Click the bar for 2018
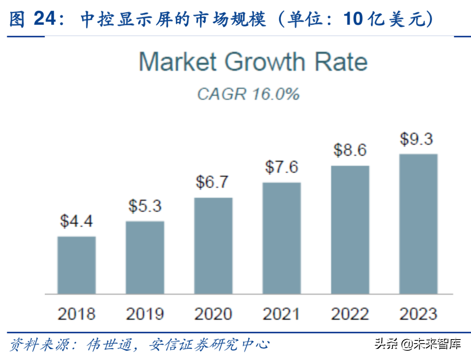click(77, 265)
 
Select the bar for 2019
click(145, 257)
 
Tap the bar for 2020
click(213, 245)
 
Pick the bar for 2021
click(282, 238)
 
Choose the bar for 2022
click(350, 230)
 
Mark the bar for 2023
click(418, 224)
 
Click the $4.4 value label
click(77, 220)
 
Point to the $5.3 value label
click(145, 206)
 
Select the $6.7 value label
click(212, 182)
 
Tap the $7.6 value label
click(282, 167)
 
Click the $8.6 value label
click(350, 150)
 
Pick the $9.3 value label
click(417, 139)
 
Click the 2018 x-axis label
click(77, 314)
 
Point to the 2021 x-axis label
click(282, 314)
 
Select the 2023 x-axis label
click(418, 314)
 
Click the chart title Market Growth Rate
click(253, 62)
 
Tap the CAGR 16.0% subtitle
click(248, 94)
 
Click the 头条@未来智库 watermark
click(418, 344)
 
